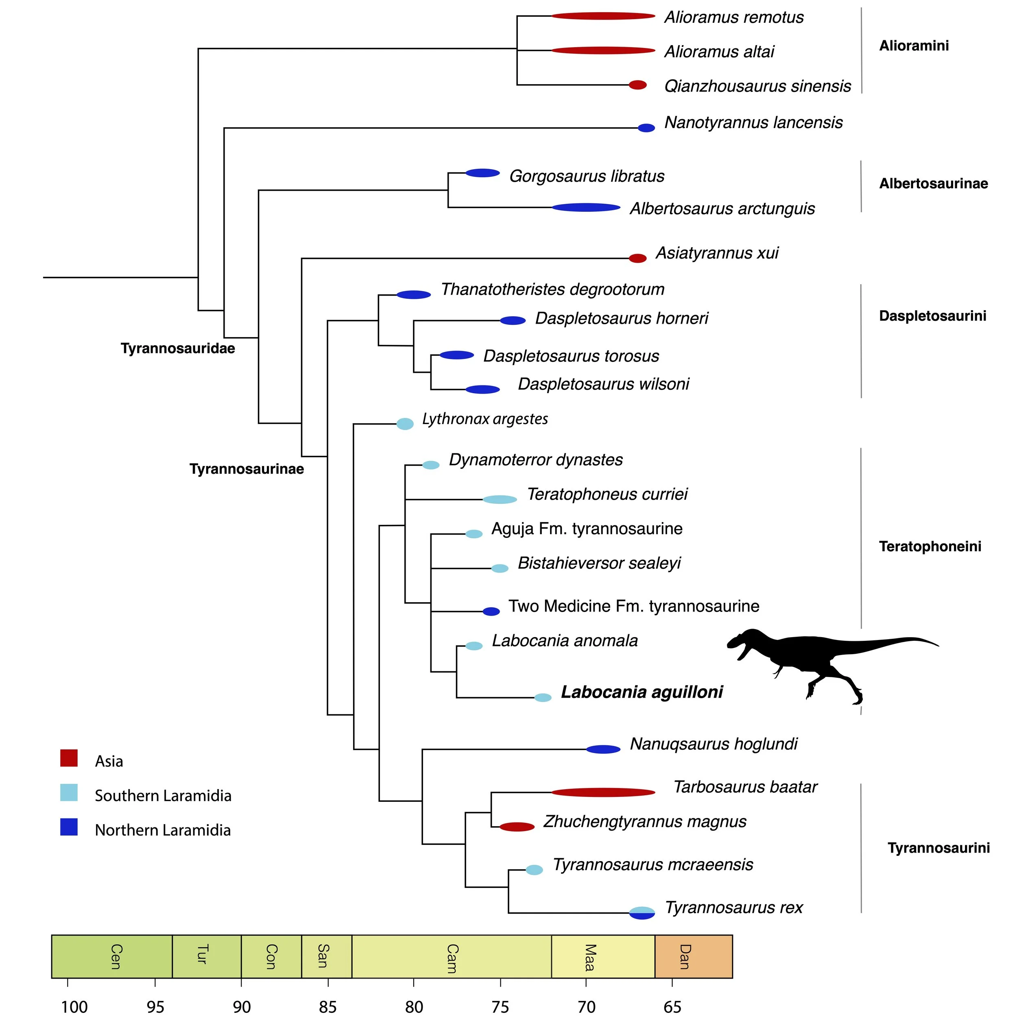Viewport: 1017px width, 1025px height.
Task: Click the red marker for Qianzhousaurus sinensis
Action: (637, 85)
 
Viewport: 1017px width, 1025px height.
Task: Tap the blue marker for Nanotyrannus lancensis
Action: (646, 128)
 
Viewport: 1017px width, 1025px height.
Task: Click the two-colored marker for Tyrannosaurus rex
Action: (642, 912)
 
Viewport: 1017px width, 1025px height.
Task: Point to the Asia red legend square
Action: (69, 757)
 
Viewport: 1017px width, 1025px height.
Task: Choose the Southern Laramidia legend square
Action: (69, 792)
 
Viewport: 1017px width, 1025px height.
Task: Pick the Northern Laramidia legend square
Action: (69, 827)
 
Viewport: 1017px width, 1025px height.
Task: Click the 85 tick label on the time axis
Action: (327, 1006)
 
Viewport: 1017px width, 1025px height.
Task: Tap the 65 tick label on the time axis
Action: (672, 1006)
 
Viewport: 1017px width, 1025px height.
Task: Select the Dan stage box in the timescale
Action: (693, 956)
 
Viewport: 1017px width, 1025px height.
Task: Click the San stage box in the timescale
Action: (326, 956)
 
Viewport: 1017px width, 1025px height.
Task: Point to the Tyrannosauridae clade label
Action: (177, 348)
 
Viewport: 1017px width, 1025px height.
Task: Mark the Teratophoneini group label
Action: (930, 546)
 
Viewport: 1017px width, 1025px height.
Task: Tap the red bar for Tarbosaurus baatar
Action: (602, 792)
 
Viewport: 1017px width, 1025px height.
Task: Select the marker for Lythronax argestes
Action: (405, 423)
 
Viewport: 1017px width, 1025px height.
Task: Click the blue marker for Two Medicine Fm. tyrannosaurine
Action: (491, 611)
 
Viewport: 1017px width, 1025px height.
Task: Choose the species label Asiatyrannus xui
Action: (716, 253)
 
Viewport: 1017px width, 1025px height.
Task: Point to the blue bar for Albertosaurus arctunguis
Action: (585, 207)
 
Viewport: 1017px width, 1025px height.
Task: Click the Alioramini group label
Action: (914, 46)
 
